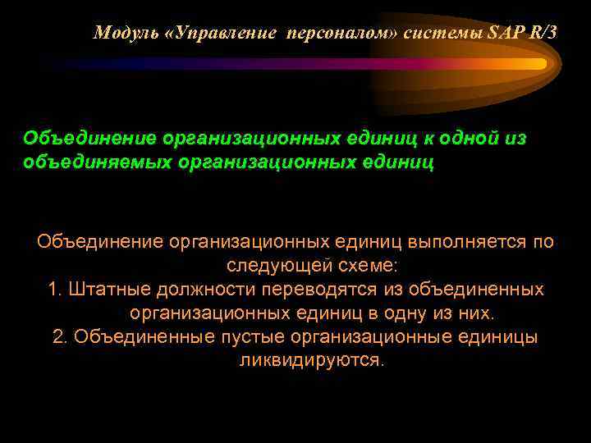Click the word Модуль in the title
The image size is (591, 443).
pos(120,33)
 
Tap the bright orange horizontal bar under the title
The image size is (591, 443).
pos(328,63)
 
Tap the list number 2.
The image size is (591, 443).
pos(60,337)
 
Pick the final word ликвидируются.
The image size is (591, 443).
pos(311,361)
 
